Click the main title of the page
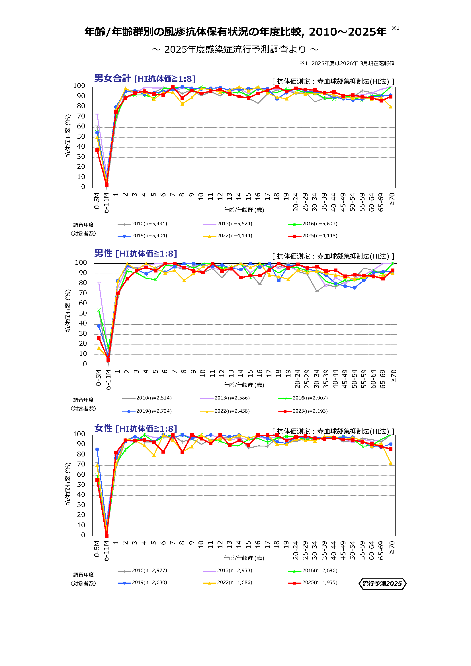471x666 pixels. click(x=235, y=32)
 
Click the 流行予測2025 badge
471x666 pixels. click(x=382, y=583)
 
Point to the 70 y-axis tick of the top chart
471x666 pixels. click(x=81, y=116)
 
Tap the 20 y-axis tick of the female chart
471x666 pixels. click(x=81, y=515)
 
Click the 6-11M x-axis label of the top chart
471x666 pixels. click(x=107, y=203)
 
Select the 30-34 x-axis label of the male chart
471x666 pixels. click(x=316, y=379)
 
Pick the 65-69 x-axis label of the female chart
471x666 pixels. click(x=381, y=550)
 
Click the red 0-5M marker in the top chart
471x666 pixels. click(x=97, y=150)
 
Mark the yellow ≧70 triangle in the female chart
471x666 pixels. click(x=391, y=463)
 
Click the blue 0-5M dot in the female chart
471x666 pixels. click(x=97, y=449)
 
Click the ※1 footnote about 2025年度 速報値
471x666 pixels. click(x=347, y=63)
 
